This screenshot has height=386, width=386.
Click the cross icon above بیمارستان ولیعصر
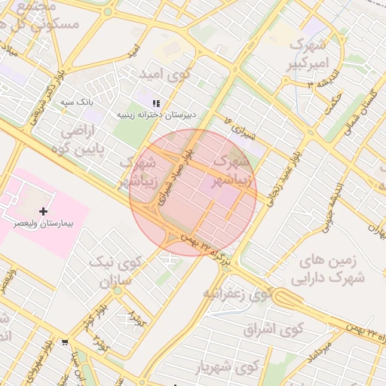[42, 211]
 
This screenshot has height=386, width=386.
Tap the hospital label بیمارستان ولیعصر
[43, 224]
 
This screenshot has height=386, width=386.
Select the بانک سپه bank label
[97, 100]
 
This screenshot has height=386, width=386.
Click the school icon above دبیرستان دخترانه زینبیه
[156, 103]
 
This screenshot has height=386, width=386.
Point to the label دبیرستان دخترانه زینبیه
[156, 115]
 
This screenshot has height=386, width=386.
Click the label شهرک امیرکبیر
[309, 54]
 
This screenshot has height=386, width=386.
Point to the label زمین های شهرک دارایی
[332, 270]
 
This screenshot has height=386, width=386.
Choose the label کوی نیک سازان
[115, 273]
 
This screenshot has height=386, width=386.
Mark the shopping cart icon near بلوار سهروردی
[66, 342]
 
